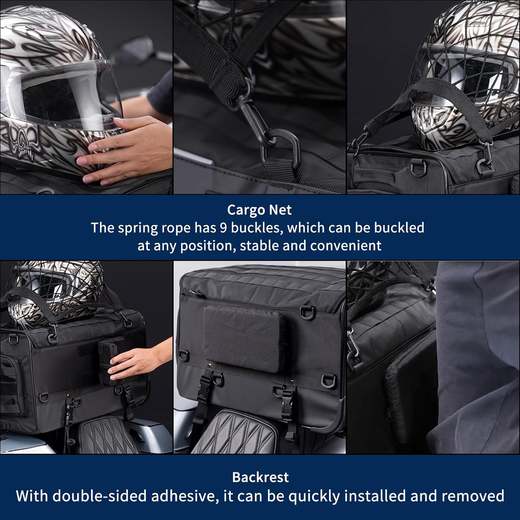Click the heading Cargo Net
point(259,210)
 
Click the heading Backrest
point(260,477)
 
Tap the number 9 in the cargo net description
point(224,228)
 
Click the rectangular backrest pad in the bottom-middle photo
point(245,338)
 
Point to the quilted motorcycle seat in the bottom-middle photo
point(236,433)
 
